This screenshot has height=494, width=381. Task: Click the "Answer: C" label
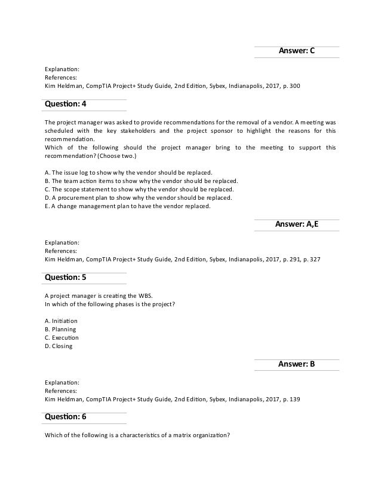click(x=296, y=52)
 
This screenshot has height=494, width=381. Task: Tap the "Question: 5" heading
click(x=66, y=278)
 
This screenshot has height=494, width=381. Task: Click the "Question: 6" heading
click(x=66, y=417)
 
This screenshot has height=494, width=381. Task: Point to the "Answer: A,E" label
click(x=296, y=225)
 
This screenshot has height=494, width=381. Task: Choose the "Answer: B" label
click(x=296, y=364)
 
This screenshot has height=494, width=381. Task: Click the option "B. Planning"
click(x=60, y=329)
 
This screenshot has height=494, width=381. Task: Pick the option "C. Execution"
click(x=62, y=337)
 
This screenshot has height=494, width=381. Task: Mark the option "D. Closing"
click(x=59, y=346)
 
